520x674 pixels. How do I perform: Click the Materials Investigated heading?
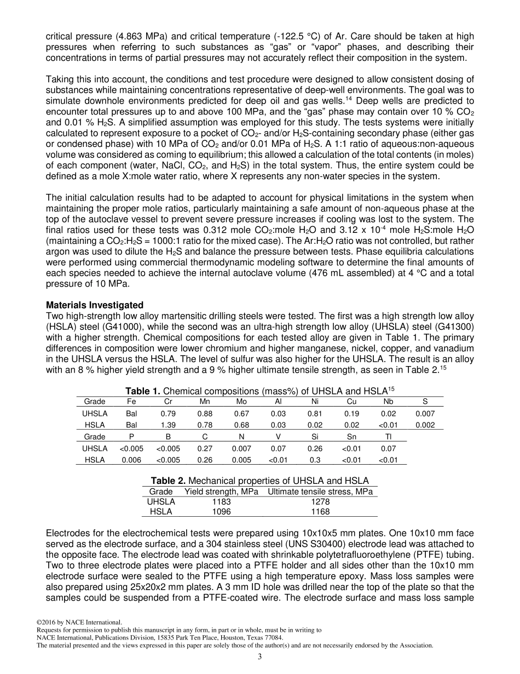94,305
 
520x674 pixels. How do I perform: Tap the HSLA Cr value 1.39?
168,425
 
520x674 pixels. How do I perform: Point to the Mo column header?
241,402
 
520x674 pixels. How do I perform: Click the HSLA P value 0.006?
131,460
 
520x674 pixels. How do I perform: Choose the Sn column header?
351,437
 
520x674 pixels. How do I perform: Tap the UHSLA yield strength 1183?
221,502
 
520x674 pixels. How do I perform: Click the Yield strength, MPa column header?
221,492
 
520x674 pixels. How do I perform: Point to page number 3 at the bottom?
260,657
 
